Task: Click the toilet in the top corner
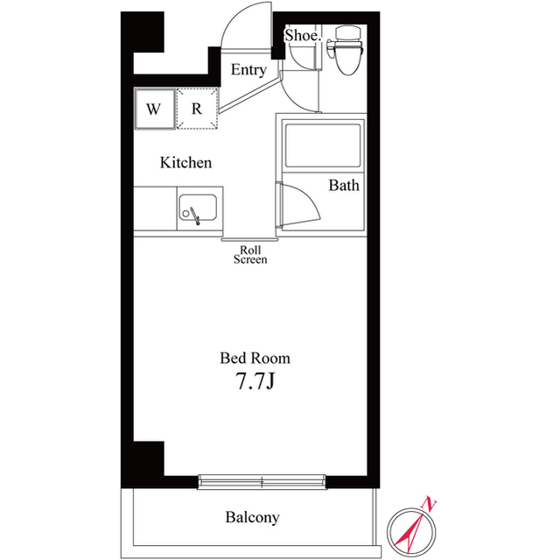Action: pyautogui.click(x=347, y=50)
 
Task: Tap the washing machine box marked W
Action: pyautogui.click(x=155, y=109)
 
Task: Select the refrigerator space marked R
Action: pyautogui.click(x=197, y=109)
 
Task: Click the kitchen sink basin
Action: pyautogui.click(x=198, y=208)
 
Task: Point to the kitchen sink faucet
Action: pyautogui.click(x=195, y=216)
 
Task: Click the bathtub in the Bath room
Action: pyautogui.click(x=323, y=145)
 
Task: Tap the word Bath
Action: pyautogui.click(x=344, y=186)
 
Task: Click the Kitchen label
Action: pyautogui.click(x=185, y=163)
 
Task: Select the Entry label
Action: pyautogui.click(x=248, y=70)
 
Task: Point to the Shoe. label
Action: pyautogui.click(x=302, y=35)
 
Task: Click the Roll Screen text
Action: pyautogui.click(x=250, y=255)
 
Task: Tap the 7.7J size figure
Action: pyautogui.click(x=255, y=381)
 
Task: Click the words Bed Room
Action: pyautogui.click(x=255, y=358)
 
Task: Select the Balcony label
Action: pyautogui.click(x=252, y=517)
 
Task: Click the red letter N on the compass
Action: pyautogui.click(x=430, y=505)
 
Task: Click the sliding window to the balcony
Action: pyautogui.click(x=262, y=482)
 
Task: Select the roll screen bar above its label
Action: pyautogui.click(x=249, y=240)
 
